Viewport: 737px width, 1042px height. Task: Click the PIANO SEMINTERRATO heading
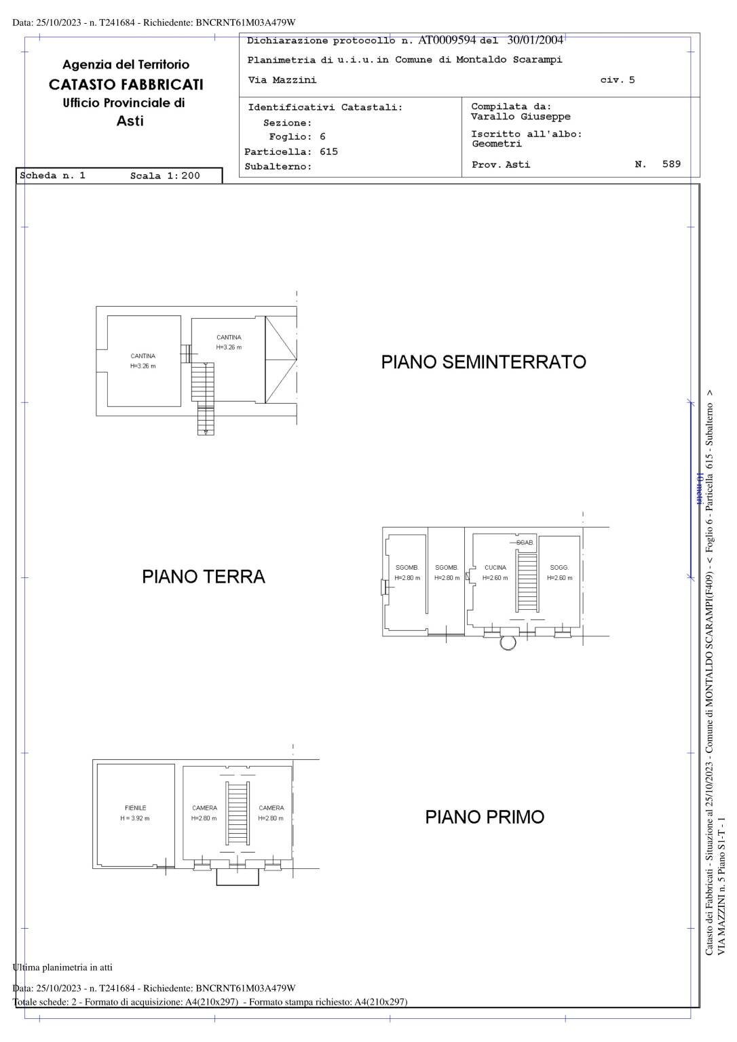(x=483, y=362)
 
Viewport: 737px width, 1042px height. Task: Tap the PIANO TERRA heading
(x=204, y=577)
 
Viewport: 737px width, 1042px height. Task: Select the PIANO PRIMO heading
(x=485, y=817)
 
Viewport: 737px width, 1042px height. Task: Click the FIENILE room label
(x=135, y=808)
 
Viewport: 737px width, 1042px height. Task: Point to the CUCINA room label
(x=495, y=568)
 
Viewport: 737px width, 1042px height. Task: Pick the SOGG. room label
(x=559, y=568)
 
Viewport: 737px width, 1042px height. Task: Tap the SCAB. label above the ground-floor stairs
(x=525, y=543)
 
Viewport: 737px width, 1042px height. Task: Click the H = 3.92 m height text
(x=135, y=819)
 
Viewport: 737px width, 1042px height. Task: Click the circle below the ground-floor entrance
(x=507, y=642)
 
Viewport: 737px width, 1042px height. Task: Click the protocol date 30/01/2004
(x=535, y=40)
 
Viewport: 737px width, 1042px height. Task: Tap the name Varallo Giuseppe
(x=521, y=117)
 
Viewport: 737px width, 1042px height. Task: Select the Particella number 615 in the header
(x=328, y=152)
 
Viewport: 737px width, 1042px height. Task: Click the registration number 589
(x=671, y=164)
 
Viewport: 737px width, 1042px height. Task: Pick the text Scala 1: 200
(x=165, y=176)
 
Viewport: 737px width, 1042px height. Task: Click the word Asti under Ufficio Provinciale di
(x=130, y=121)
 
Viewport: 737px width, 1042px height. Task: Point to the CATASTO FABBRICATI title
(x=126, y=85)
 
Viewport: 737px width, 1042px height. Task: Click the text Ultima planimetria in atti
(x=62, y=967)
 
